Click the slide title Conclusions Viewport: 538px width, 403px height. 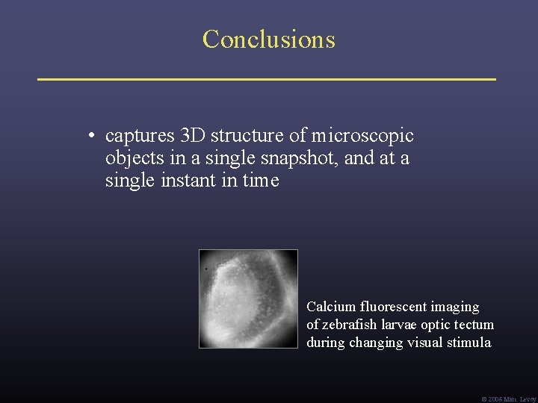pos(268,39)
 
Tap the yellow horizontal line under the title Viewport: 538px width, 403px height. pos(267,78)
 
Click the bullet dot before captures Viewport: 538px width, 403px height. pos(89,137)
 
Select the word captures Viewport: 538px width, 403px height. pos(140,137)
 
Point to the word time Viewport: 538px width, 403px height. pos(259,181)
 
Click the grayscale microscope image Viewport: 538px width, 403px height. pos(248,299)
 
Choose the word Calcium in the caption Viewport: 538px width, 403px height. pos(331,307)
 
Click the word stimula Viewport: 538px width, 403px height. pos(469,343)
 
